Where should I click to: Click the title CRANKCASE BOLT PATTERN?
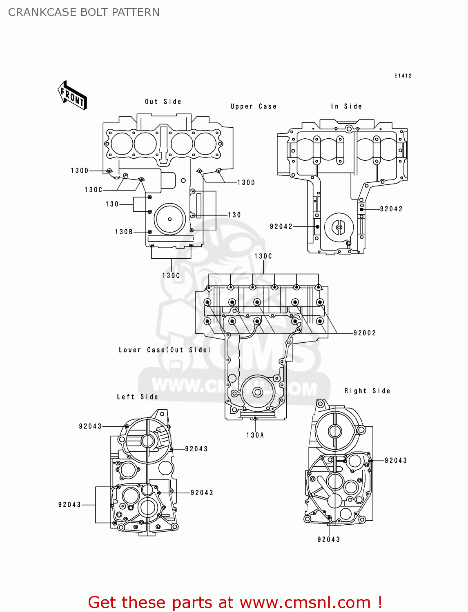point(84,12)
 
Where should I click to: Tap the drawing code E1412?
point(403,76)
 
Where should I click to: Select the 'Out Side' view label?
point(163,102)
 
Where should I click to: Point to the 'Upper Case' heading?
point(253,106)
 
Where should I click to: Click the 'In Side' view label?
point(346,106)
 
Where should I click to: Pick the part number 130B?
point(124,232)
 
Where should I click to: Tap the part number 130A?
point(255,435)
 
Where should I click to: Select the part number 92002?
point(364,333)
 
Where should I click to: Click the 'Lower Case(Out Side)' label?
point(165,350)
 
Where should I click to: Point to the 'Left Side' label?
point(137,397)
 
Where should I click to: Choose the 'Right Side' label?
point(367,391)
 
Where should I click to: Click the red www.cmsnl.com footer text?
point(235,602)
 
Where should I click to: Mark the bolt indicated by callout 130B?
point(150,232)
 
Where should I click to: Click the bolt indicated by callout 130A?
point(255,418)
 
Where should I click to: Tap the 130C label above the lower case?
point(263,256)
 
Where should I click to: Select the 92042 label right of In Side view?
point(391,209)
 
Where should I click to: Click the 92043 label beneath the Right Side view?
point(328,539)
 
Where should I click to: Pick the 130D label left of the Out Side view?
point(80,171)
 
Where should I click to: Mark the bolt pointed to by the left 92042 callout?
point(317,226)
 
